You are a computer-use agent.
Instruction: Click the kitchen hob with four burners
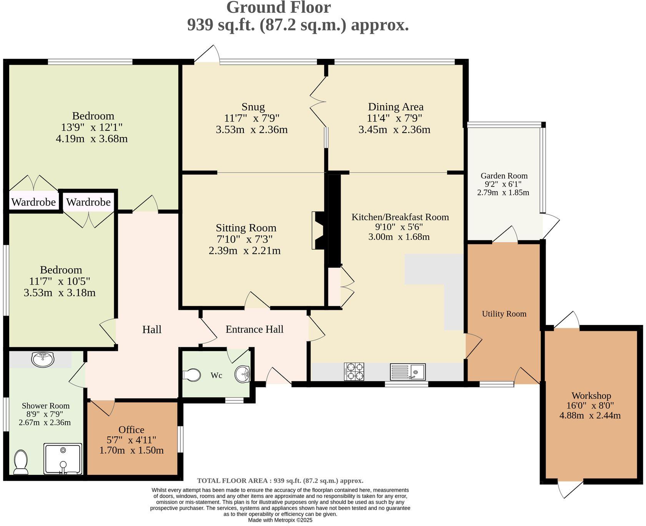[354, 371]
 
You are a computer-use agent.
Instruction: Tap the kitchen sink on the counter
[408, 371]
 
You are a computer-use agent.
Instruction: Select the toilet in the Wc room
[192, 375]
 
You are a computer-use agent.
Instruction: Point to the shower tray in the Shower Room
[63, 458]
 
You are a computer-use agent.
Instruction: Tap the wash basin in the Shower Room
[43, 360]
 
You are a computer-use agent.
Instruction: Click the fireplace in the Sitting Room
[319, 230]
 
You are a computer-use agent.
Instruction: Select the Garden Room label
[504, 176]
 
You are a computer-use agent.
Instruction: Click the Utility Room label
[504, 314]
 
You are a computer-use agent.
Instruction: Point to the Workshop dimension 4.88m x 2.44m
[590, 415]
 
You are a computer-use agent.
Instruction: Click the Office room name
[132, 429]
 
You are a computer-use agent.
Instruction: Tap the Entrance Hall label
[254, 329]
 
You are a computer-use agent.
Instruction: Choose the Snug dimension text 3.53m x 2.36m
[252, 130]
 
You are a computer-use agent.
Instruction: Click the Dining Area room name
[396, 107]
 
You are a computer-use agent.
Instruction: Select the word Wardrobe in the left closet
[33, 202]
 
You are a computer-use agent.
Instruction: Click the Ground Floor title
[278, 7]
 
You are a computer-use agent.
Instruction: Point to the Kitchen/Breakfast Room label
[400, 217]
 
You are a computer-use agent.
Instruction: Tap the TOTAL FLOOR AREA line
[280, 481]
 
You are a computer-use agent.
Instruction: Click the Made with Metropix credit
[280, 520]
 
